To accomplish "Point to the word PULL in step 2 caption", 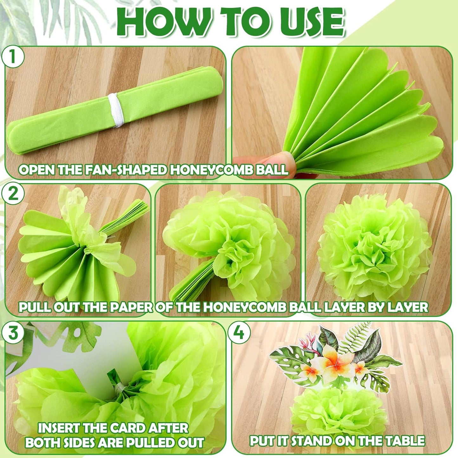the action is (35, 307).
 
